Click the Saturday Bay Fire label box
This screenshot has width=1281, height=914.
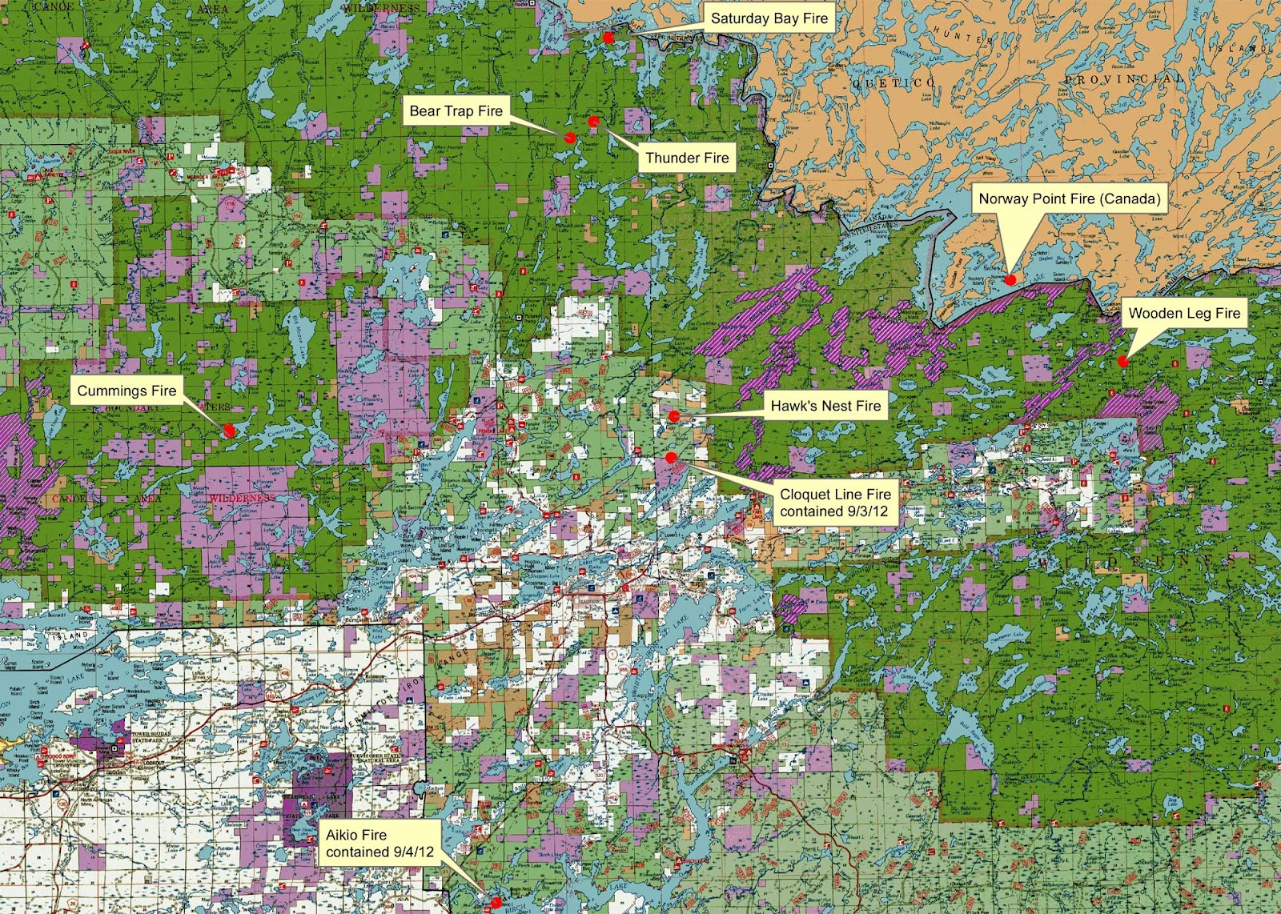768,18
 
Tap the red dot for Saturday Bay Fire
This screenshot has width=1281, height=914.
608,38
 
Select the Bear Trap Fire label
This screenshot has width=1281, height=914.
456,111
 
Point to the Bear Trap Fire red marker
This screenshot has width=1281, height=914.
569,138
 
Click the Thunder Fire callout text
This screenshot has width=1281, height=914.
687,158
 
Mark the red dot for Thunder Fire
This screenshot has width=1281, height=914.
593,122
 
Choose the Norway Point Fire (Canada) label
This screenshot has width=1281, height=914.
1069,199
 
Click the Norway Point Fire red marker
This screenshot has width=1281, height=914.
1010,279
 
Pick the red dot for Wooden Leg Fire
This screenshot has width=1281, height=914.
1123,362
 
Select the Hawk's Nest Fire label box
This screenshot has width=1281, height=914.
825,406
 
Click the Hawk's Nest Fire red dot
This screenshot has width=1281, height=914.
674,415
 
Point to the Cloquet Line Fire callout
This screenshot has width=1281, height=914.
835,503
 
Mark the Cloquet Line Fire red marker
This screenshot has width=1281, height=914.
671,457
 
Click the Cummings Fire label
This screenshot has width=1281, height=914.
126,391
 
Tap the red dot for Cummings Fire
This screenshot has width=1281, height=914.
229,430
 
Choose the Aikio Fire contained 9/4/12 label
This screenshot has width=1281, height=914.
379,844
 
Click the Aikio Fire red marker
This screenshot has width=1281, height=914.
496,902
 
